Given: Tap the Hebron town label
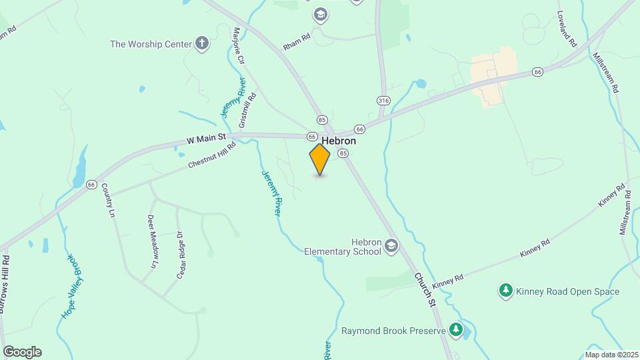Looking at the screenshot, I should [339, 141].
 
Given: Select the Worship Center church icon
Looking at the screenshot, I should [202, 45].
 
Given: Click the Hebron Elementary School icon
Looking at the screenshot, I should [391, 247].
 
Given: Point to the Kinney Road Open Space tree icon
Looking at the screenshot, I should [506, 291].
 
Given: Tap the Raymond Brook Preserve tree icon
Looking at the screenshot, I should [456, 330].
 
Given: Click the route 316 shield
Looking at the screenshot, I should [383, 101].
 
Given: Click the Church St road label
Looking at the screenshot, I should [424, 289].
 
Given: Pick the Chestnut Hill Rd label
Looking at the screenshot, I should [212, 155].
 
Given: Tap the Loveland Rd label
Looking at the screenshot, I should [566, 29].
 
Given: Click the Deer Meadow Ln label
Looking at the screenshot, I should [154, 239].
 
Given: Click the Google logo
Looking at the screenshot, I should [22, 352].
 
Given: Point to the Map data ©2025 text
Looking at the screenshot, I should [610, 355].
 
